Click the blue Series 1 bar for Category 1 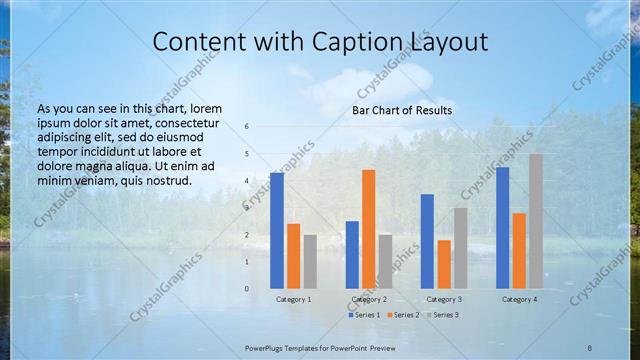[x=277, y=230]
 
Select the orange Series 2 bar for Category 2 [x=368, y=228]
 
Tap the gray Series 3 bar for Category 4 [x=536, y=221]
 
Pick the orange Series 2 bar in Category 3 [x=443, y=264]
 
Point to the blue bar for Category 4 [x=502, y=227]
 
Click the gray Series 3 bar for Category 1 [x=310, y=261]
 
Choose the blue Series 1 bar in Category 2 [x=352, y=254]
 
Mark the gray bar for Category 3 [x=460, y=248]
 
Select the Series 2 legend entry [x=402, y=315]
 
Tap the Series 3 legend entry [x=443, y=315]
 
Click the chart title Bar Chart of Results [x=402, y=110]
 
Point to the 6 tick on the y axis [x=247, y=127]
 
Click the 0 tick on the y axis [x=247, y=289]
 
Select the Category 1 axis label [x=293, y=299]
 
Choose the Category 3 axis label [x=444, y=299]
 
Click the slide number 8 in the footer [x=590, y=347]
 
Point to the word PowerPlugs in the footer [x=270, y=347]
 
